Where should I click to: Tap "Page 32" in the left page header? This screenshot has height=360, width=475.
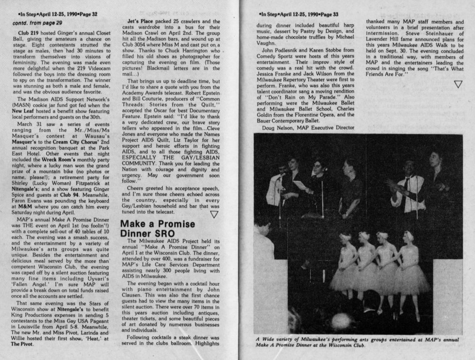(x=87, y=14)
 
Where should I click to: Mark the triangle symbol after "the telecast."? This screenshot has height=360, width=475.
(x=214, y=214)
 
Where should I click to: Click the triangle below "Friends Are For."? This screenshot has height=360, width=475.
(x=458, y=84)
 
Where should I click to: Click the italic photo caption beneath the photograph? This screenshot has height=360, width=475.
(x=357, y=342)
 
